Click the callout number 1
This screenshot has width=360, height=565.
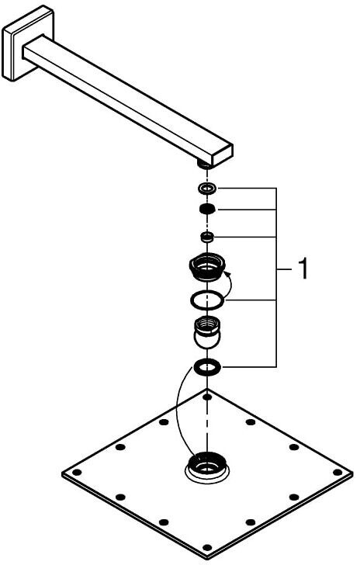click(303, 269)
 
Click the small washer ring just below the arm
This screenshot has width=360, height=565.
click(207, 188)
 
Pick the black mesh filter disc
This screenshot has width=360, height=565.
click(207, 209)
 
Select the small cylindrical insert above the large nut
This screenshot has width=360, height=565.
click(207, 237)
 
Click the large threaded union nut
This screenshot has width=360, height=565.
click(207, 267)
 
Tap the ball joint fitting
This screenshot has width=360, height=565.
click(207, 332)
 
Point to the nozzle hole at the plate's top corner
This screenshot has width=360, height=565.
click(207, 397)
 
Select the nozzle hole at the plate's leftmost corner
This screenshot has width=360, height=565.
click(76, 472)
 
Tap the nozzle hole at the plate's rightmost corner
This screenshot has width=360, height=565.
click(337, 472)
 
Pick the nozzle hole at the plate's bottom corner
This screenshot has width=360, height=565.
click(207, 547)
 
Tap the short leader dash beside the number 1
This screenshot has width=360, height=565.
click(285, 269)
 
